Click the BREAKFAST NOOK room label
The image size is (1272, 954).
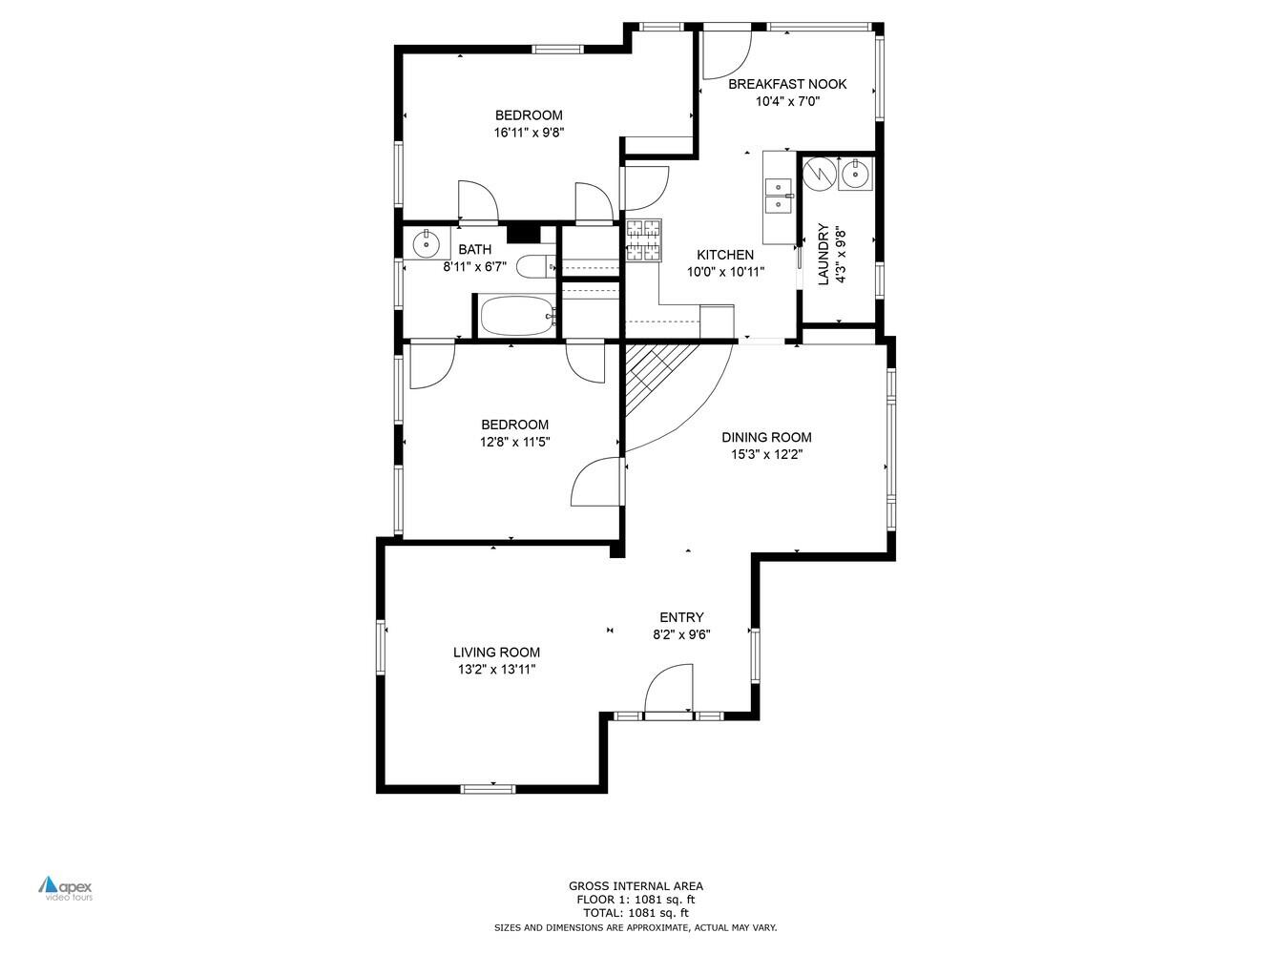[x=786, y=84]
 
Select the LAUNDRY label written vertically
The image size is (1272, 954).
[x=823, y=255]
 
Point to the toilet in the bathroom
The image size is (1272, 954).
[x=532, y=266]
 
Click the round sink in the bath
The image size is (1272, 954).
[x=425, y=244]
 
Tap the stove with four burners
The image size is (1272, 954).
[x=643, y=240]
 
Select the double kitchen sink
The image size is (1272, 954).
[x=780, y=196]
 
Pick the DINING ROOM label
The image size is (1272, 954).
[x=766, y=438]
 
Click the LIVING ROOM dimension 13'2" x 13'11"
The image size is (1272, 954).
[x=496, y=670]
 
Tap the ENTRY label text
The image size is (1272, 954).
[x=681, y=617]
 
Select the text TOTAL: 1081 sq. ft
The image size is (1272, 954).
[x=636, y=913]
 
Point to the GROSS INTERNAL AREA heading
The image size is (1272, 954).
[x=636, y=886]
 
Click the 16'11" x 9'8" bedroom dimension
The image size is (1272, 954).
[x=529, y=133]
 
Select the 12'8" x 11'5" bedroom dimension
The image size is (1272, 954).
[x=514, y=442]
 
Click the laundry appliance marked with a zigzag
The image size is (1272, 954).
[x=818, y=174]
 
